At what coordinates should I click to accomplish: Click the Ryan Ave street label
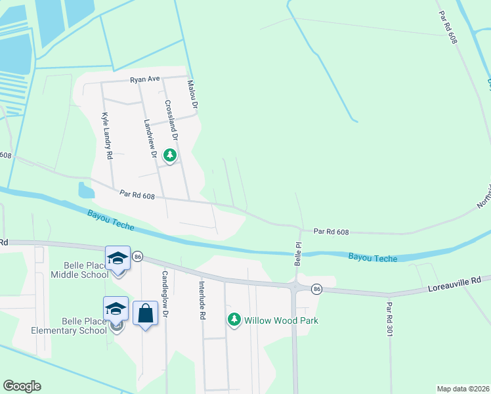[x=145, y=79]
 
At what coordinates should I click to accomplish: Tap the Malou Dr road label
[x=192, y=94]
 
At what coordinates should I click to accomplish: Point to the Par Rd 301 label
[x=389, y=316]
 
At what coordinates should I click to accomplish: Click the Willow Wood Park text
[x=281, y=320]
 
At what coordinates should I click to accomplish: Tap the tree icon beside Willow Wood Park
[x=234, y=320]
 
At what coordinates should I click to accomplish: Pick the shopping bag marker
[x=145, y=313]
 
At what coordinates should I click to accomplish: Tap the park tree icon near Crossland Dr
[x=170, y=155]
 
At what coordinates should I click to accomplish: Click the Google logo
[x=22, y=386]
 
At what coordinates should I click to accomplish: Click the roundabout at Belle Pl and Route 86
[x=297, y=286]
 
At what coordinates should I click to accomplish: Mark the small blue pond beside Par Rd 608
[x=85, y=190]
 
